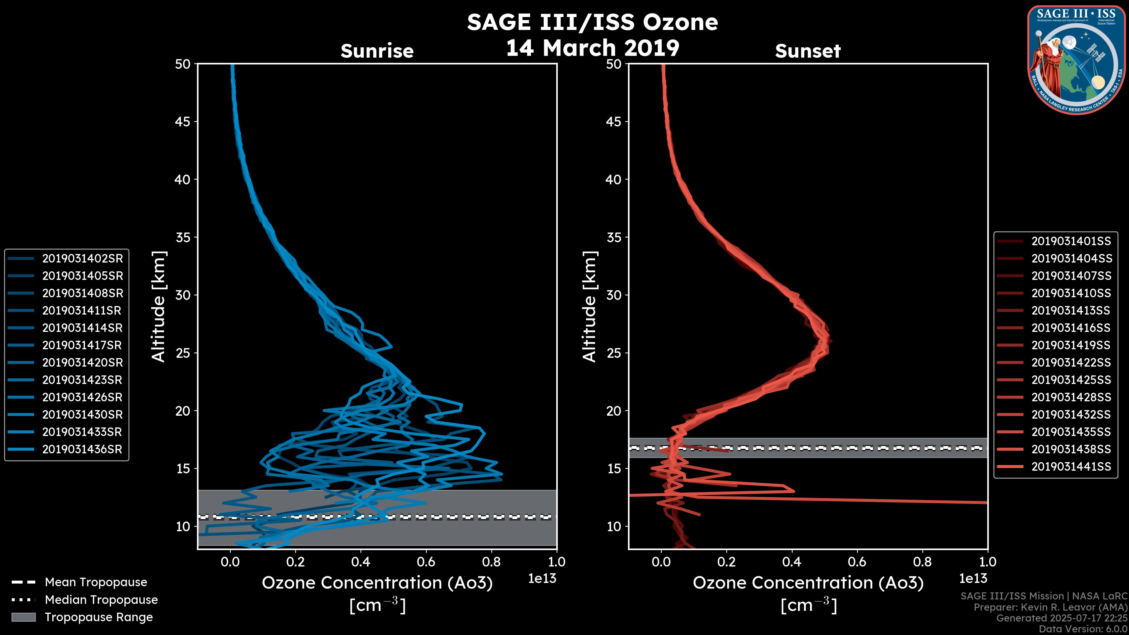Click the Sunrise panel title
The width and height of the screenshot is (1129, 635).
click(377, 51)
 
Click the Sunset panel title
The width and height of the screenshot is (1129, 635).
click(808, 51)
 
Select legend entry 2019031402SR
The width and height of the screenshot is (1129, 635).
click(82, 259)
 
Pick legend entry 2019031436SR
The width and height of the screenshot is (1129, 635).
click(82, 449)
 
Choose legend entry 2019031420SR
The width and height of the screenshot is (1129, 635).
click(82, 362)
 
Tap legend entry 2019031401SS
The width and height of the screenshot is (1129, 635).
click(1071, 241)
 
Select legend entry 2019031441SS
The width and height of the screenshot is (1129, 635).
click(1071, 467)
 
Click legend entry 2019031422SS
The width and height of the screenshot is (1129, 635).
click(1071, 362)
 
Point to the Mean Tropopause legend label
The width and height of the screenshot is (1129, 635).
click(96, 582)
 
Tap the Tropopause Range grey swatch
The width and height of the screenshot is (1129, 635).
click(23, 617)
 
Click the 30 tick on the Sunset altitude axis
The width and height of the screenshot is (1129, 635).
click(614, 295)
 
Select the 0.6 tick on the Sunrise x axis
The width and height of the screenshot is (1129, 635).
click(426, 562)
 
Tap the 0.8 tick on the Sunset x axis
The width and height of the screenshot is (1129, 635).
click(922, 562)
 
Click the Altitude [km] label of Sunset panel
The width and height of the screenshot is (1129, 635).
click(589, 307)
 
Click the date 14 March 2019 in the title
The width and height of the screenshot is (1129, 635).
click(592, 48)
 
